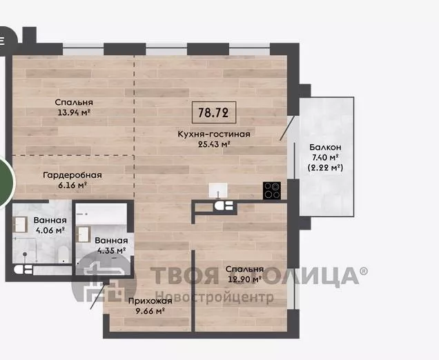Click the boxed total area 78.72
pyautogui.click(x=214, y=112)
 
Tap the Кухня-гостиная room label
pyautogui.click(x=214, y=134)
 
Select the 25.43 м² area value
pyautogui.click(x=214, y=144)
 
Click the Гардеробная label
pyautogui.click(x=72, y=175)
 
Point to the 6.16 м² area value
pyautogui.click(x=72, y=186)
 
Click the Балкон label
pyautogui.click(x=325, y=147)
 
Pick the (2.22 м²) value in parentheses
pyautogui.click(x=325, y=168)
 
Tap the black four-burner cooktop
pyautogui.click(x=272, y=190)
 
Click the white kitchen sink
pyautogui.click(x=218, y=190)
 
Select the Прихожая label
pyautogui.click(x=150, y=301)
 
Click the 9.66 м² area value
pyautogui.click(x=150, y=311)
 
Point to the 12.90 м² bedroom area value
pyautogui.click(x=245, y=279)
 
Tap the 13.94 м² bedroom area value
pyautogui.click(x=74, y=112)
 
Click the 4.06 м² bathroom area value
pyautogui.click(x=50, y=230)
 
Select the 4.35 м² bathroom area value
pyautogui.click(x=111, y=250)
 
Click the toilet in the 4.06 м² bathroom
pyautogui.click(x=63, y=254)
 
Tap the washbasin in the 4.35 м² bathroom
pyautogui.click(x=83, y=234)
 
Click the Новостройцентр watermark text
pyautogui.click(x=215, y=297)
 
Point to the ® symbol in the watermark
pyautogui.click(x=364, y=270)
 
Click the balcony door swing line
pyautogui.click(x=287, y=128)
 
